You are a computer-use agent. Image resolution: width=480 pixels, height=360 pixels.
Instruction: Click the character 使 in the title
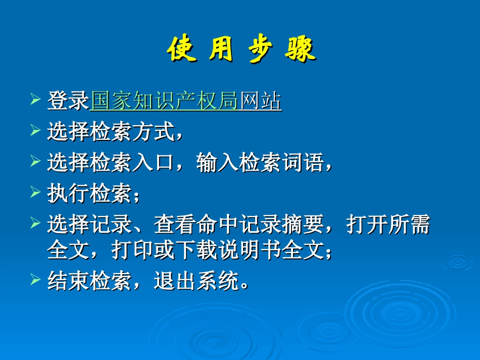pos(181,50)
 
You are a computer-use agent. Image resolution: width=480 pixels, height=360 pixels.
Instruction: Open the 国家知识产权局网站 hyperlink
pos(186,101)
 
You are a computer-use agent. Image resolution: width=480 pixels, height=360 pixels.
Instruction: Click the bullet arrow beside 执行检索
pos(35,192)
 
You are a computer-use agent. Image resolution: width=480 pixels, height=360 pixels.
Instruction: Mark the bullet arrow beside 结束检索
pos(35,279)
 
